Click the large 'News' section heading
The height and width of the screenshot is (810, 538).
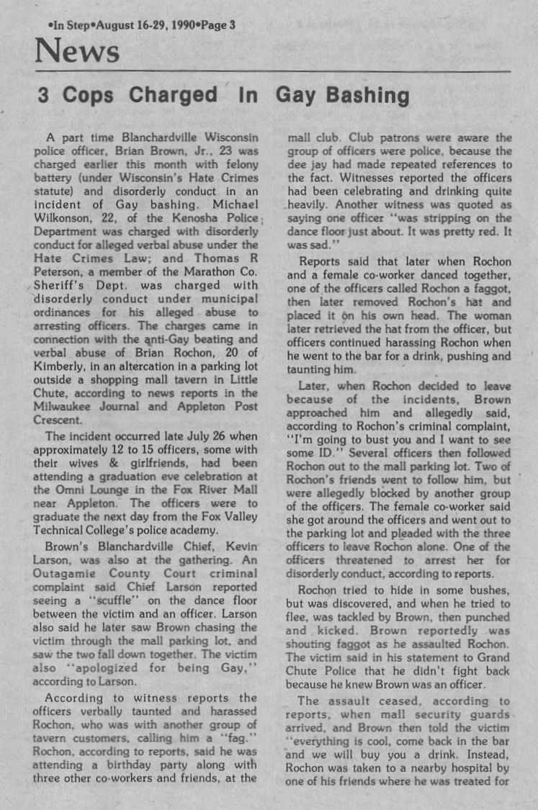pos(77,52)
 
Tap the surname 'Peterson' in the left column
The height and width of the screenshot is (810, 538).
pos(63,271)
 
